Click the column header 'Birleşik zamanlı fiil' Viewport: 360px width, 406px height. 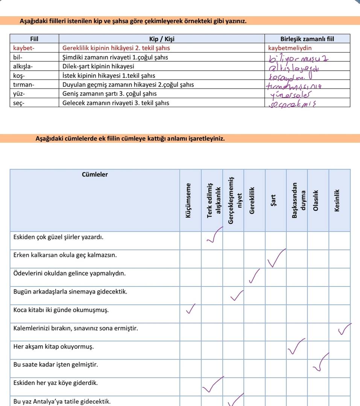[x=307, y=39]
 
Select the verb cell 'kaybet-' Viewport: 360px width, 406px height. [x=24, y=48]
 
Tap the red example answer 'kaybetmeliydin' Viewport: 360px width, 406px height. [x=290, y=48]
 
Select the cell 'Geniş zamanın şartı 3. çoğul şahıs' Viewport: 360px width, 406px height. [x=109, y=94]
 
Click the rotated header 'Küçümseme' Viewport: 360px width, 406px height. [x=187, y=200]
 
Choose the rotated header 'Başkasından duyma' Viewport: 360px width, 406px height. [x=296, y=200]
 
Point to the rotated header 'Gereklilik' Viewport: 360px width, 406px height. [x=252, y=200]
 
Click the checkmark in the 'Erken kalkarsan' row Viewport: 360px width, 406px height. [x=276, y=259]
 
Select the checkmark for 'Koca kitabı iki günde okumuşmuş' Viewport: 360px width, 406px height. [x=191, y=309]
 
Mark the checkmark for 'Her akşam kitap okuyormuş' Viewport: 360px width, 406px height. [x=296, y=347]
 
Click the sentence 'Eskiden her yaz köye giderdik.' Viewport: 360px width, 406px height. [x=56, y=383]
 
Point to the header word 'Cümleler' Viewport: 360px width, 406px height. [x=95, y=174]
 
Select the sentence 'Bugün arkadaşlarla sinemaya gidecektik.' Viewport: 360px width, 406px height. [x=70, y=291]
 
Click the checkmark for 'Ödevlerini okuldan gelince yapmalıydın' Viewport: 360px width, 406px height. [x=254, y=277]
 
